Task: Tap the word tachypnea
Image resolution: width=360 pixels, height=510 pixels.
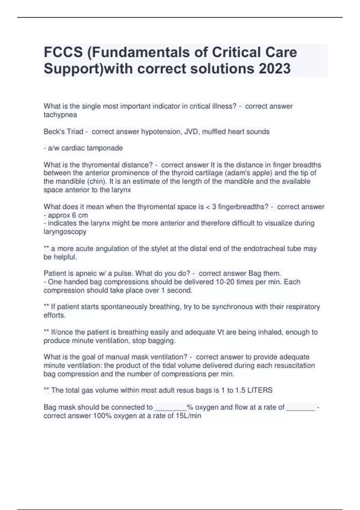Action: click(60, 115)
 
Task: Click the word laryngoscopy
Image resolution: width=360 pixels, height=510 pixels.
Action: click(65, 232)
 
